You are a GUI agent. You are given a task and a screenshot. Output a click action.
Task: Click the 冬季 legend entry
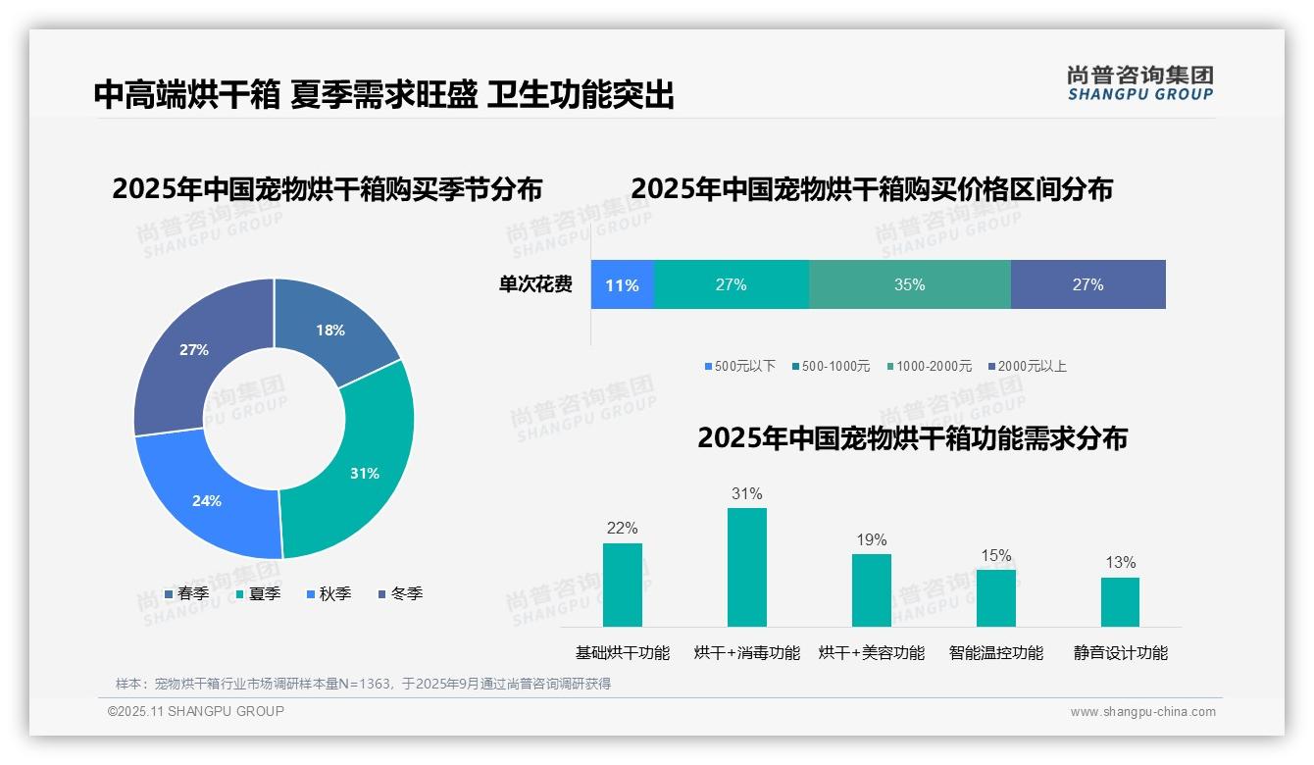(x=400, y=593)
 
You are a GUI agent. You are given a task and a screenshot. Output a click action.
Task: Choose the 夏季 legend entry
(x=258, y=593)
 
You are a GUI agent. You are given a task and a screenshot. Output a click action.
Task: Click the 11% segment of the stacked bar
(x=622, y=284)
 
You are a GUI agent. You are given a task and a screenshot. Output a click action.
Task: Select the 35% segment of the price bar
(x=909, y=284)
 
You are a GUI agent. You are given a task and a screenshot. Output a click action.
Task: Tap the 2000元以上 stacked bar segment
(x=1087, y=284)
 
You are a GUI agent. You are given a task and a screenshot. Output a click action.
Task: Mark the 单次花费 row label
(x=535, y=284)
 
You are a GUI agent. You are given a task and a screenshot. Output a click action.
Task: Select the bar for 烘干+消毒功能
(x=746, y=567)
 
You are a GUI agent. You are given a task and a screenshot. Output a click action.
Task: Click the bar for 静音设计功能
(x=1120, y=601)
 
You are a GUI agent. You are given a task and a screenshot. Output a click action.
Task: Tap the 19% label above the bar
(x=871, y=539)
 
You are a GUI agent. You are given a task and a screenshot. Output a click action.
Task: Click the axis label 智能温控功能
(x=995, y=652)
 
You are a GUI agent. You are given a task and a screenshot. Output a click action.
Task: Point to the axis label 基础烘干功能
(x=622, y=652)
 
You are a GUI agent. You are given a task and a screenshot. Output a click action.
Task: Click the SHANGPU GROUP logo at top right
(x=1139, y=83)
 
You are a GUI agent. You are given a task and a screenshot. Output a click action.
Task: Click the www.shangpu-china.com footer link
(x=1142, y=712)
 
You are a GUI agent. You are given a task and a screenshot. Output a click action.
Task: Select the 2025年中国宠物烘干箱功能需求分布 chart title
(x=912, y=437)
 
